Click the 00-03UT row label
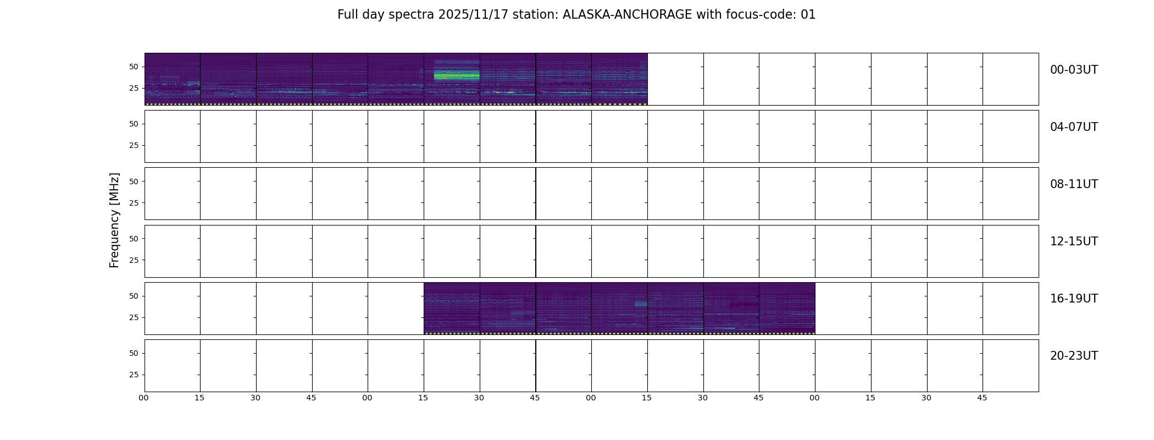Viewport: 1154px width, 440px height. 1074,70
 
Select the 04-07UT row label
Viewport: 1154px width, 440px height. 1074,127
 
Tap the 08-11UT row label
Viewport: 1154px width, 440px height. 1074,184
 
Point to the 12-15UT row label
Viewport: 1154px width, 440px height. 1074,241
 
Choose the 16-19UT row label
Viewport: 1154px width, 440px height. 1074,299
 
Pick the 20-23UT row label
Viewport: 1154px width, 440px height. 1074,356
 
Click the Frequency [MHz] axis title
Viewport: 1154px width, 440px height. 114,220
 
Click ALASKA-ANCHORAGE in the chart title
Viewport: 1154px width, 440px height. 627,15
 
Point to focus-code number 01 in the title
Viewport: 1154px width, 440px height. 808,15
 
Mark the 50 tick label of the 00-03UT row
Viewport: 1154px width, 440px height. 134,67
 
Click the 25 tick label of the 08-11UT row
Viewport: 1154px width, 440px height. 134,203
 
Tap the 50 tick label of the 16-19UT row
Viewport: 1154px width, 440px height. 134,296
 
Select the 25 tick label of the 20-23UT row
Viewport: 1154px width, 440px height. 134,375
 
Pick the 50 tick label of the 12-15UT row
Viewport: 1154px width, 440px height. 134,239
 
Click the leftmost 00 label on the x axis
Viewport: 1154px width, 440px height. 143,398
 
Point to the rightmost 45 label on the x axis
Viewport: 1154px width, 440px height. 982,398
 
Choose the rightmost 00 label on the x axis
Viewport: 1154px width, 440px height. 814,398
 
